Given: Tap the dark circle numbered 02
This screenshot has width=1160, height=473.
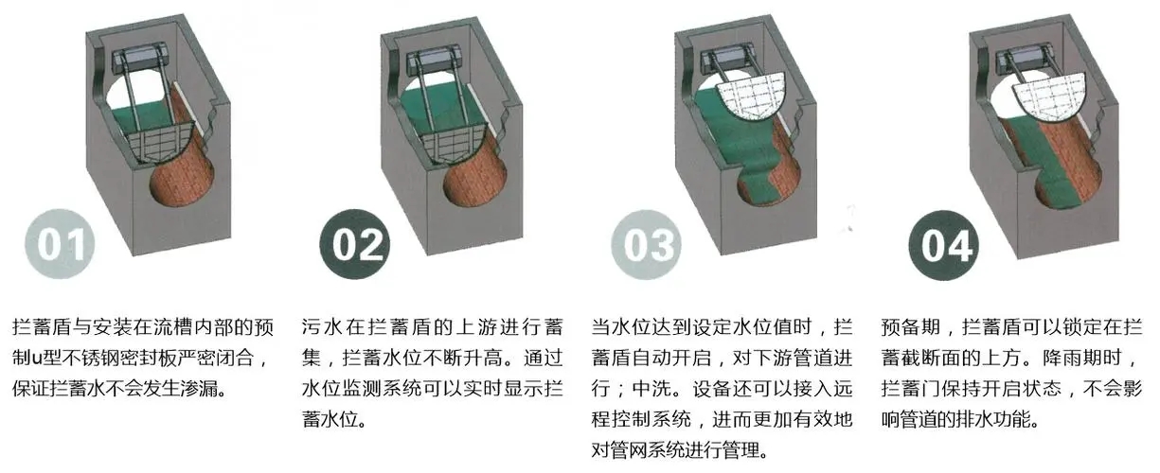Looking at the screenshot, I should click(356, 243).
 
